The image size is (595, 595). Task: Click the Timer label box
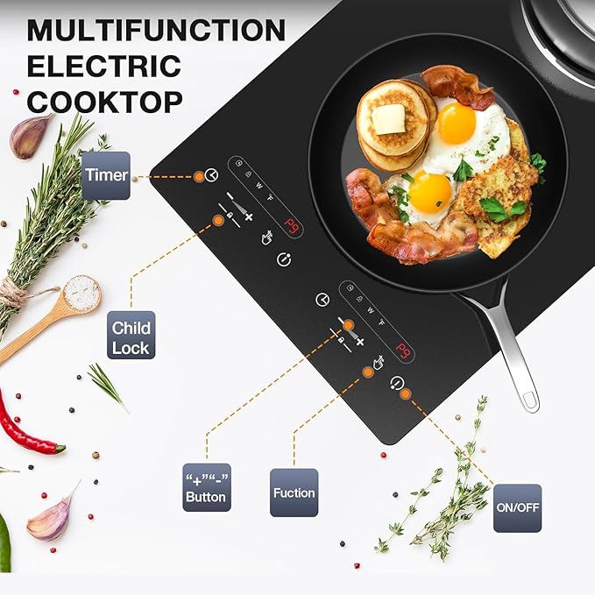pos(106,175)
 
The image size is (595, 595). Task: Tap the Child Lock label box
pos(131,337)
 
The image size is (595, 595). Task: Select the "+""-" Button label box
pos(206,488)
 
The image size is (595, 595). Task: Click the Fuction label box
pos(294,492)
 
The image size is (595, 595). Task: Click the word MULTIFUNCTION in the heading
pos(156,31)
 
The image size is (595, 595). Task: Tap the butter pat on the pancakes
pos(388,120)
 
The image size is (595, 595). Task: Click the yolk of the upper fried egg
pos(457,124)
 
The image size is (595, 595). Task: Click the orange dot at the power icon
pos(405,394)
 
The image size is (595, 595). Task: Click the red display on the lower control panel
pos(403,352)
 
